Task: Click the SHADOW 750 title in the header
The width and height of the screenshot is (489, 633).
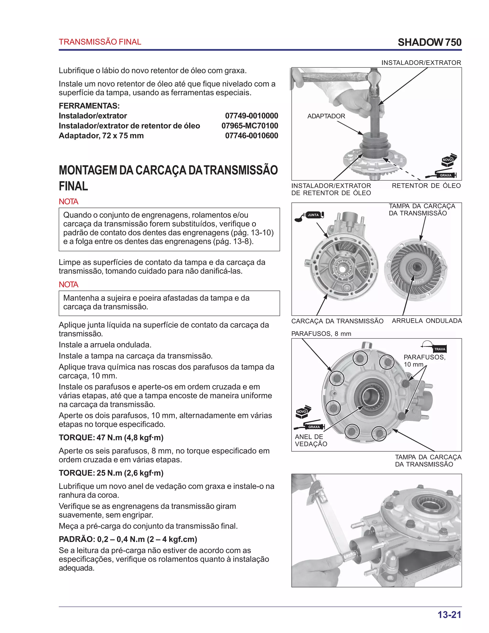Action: coord(429,42)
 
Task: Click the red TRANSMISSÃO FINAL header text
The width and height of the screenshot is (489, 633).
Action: coord(100,42)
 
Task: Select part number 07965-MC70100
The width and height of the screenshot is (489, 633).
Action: coord(250,126)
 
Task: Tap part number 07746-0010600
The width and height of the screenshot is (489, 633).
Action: coord(251,136)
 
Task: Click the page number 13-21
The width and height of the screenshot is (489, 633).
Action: coord(449,615)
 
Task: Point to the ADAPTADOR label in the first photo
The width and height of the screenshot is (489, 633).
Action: coord(326,116)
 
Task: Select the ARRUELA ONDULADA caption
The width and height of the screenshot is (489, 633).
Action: coord(427,321)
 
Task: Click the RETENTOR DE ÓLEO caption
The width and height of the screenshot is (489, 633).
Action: coord(426,186)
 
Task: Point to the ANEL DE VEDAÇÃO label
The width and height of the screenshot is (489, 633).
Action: coord(311,440)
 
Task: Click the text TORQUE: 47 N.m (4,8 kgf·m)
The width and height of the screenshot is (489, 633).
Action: coord(111,438)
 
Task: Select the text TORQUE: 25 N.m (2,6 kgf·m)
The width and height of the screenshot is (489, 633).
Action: coord(111,473)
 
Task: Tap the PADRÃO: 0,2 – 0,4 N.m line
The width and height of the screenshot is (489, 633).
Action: coord(128,539)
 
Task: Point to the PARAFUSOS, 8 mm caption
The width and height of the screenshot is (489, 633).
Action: coord(321,334)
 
